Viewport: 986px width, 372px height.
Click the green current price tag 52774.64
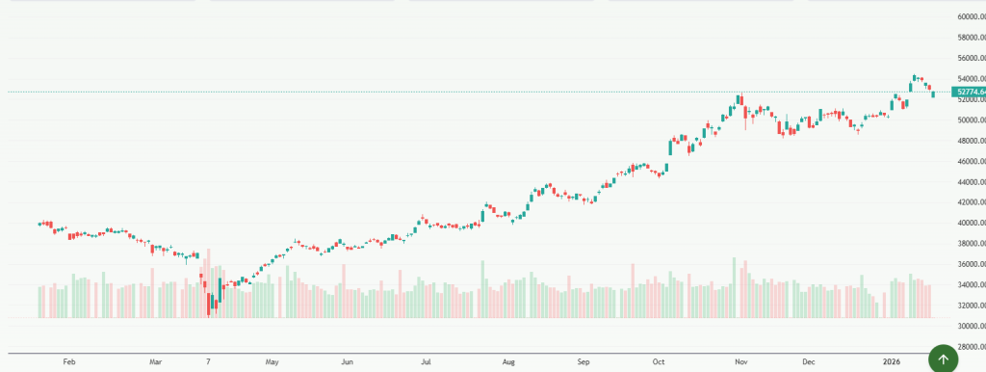click(x=968, y=92)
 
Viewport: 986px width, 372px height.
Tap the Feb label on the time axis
click(x=68, y=363)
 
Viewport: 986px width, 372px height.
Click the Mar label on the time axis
click(x=156, y=363)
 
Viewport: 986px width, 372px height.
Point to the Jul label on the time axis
click(x=425, y=363)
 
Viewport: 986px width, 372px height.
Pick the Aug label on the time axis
click(x=508, y=363)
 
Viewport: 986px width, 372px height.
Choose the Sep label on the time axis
click(x=583, y=363)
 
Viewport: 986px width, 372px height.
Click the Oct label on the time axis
click(x=659, y=363)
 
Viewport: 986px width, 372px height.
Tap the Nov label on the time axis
click(x=740, y=363)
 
